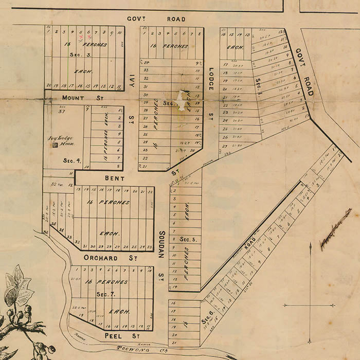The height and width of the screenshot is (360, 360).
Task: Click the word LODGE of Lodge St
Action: tap(211, 79)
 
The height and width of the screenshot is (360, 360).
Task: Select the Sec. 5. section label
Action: tap(186, 239)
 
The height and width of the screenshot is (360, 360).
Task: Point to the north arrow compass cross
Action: tap(310, 304)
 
